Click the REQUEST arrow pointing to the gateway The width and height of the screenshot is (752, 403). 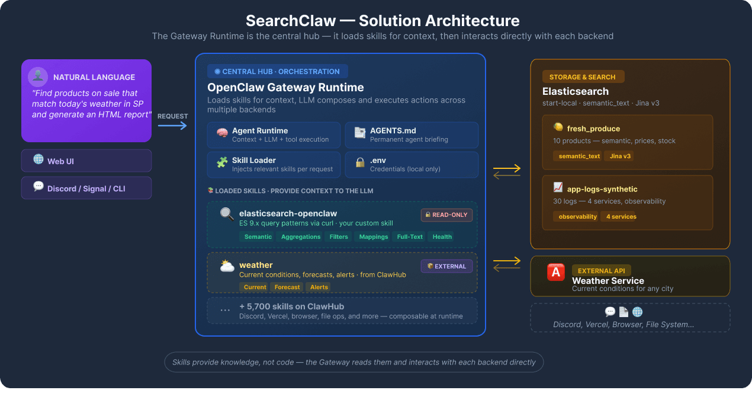point(172,126)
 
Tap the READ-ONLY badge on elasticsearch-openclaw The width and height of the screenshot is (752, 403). point(446,215)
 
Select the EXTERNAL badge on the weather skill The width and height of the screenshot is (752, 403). point(446,266)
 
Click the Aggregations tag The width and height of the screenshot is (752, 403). point(301,236)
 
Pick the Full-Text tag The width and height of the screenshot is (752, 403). point(410,236)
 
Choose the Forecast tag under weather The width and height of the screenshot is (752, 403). point(287,287)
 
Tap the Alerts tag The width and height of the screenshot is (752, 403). point(319,287)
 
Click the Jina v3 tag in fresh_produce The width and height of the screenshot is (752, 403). point(619,156)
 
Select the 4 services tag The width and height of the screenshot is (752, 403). point(621,216)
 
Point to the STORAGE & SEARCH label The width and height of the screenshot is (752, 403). point(583,77)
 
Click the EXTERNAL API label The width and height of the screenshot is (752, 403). point(601,271)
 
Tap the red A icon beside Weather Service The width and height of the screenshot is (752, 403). point(556,272)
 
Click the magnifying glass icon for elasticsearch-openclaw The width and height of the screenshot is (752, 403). point(227,213)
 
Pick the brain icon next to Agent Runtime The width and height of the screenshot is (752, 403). point(222,133)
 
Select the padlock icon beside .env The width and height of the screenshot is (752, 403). point(359,162)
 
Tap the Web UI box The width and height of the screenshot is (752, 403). point(86,161)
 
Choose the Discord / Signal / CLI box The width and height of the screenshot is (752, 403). point(86,188)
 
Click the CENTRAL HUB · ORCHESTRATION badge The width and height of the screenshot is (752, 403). point(277,72)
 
